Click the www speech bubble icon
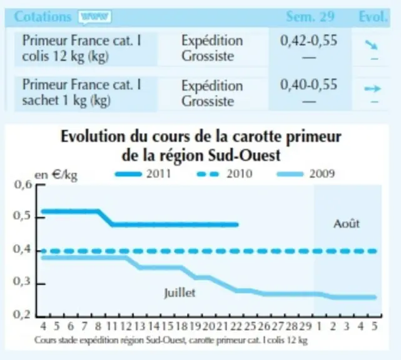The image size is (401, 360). click(x=95, y=17)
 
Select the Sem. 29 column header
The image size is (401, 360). click(x=310, y=17)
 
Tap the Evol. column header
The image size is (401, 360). click(x=373, y=17)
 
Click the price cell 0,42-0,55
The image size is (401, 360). click(x=308, y=41)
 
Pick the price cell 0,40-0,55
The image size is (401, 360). click(x=308, y=84)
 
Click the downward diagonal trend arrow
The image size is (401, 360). click(x=372, y=44)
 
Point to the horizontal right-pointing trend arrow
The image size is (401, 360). click(x=373, y=89)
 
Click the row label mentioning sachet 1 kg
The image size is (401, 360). click(x=82, y=92)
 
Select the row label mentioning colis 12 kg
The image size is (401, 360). click(x=82, y=49)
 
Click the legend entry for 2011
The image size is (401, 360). click(x=143, y=174)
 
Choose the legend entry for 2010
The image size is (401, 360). click(x=225, y=174)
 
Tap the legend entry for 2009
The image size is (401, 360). click(x=306, y=174)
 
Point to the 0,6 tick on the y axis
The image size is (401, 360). click(x=41, y=184)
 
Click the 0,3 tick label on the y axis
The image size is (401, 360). click(x=21, y=281)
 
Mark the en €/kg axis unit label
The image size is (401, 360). click(x=56, y=175)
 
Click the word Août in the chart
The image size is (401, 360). click(x=347, y=224)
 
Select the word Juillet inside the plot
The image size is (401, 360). click(x=180, y=292)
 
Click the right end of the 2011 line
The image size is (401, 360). click(x=238, y=225)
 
